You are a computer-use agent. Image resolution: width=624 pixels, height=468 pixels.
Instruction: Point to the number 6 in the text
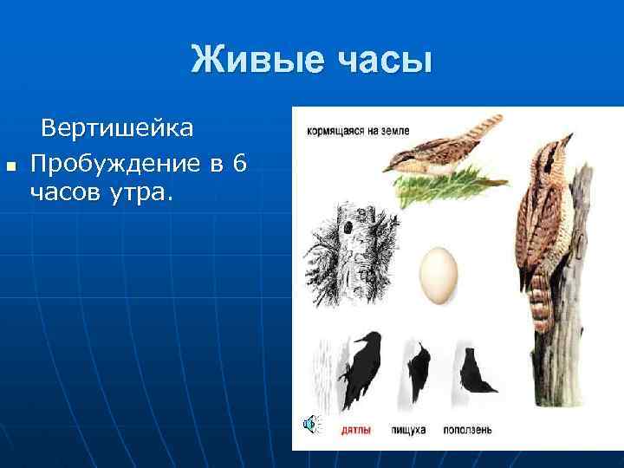[x=239, y=161]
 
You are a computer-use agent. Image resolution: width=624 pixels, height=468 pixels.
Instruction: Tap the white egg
[x=439, y=275]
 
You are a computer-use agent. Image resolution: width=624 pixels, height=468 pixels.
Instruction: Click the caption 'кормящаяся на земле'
[x=357, y=131]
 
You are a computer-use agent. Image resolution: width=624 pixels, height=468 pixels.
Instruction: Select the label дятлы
[x=358, y=429]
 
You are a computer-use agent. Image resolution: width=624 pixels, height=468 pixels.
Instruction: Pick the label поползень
[x=470, y=429]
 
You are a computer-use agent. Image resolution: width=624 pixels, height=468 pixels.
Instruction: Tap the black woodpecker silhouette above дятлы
[x=358, y=368]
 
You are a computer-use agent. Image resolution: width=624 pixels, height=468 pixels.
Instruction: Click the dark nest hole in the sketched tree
[x=347, y=227]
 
